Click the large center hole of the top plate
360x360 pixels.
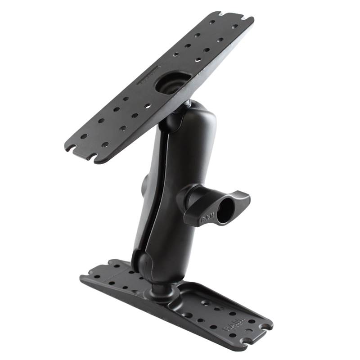174,83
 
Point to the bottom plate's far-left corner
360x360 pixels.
83,275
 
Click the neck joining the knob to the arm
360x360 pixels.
184,198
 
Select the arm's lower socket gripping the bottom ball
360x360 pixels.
146,263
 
